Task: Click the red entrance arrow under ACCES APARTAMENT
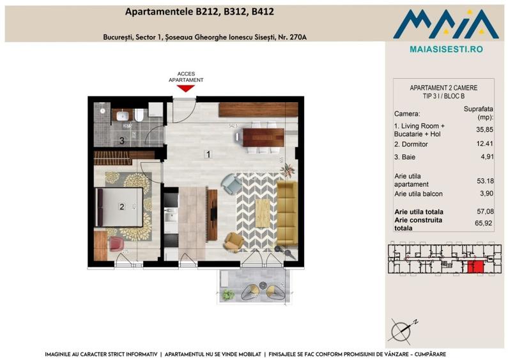point(185,88)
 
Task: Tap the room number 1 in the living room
point(207,154)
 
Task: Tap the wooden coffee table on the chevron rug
point(263,209)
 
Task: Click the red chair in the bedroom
point(116,245)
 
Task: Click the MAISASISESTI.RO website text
point(445,49)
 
